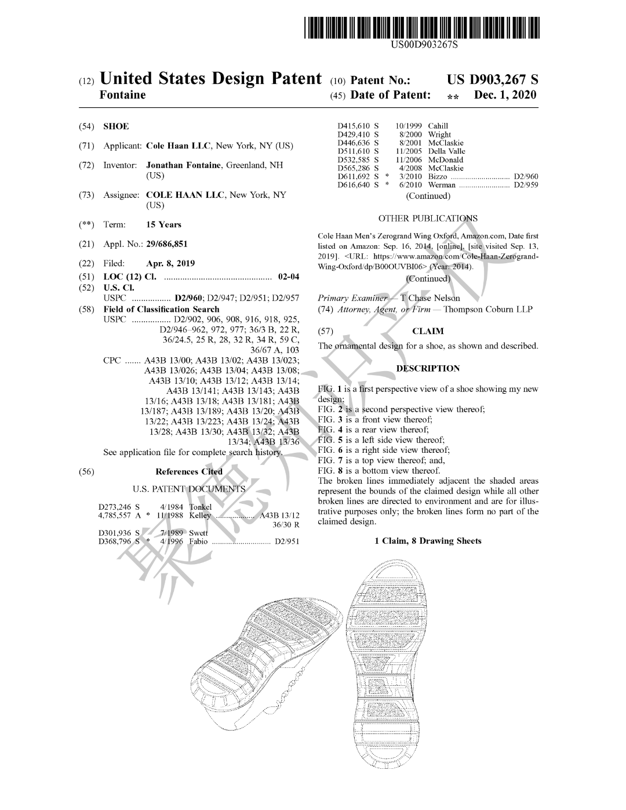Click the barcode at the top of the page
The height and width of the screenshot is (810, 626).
422,28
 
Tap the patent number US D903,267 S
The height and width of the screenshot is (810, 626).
493,80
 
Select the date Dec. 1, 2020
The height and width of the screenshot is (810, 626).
505,95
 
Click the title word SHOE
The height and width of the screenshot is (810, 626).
117,126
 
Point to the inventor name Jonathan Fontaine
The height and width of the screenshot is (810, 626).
183,165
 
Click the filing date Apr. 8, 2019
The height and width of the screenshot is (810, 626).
170,264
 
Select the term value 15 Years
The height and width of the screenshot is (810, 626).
163,225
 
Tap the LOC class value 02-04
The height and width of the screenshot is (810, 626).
289,277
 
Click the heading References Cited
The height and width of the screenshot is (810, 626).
189,471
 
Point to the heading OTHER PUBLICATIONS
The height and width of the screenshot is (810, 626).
428,219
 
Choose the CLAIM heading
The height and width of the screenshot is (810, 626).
428,331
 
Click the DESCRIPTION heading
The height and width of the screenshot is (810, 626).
428,368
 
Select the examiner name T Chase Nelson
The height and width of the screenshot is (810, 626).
430,298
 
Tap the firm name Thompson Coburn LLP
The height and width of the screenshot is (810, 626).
488,310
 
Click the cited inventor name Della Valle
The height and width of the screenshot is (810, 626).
446,151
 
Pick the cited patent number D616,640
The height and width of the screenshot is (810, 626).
354,185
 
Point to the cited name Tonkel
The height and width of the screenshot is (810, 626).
201,507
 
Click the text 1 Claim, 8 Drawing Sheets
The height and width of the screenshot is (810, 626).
428,541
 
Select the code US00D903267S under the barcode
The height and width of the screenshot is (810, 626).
424,45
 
